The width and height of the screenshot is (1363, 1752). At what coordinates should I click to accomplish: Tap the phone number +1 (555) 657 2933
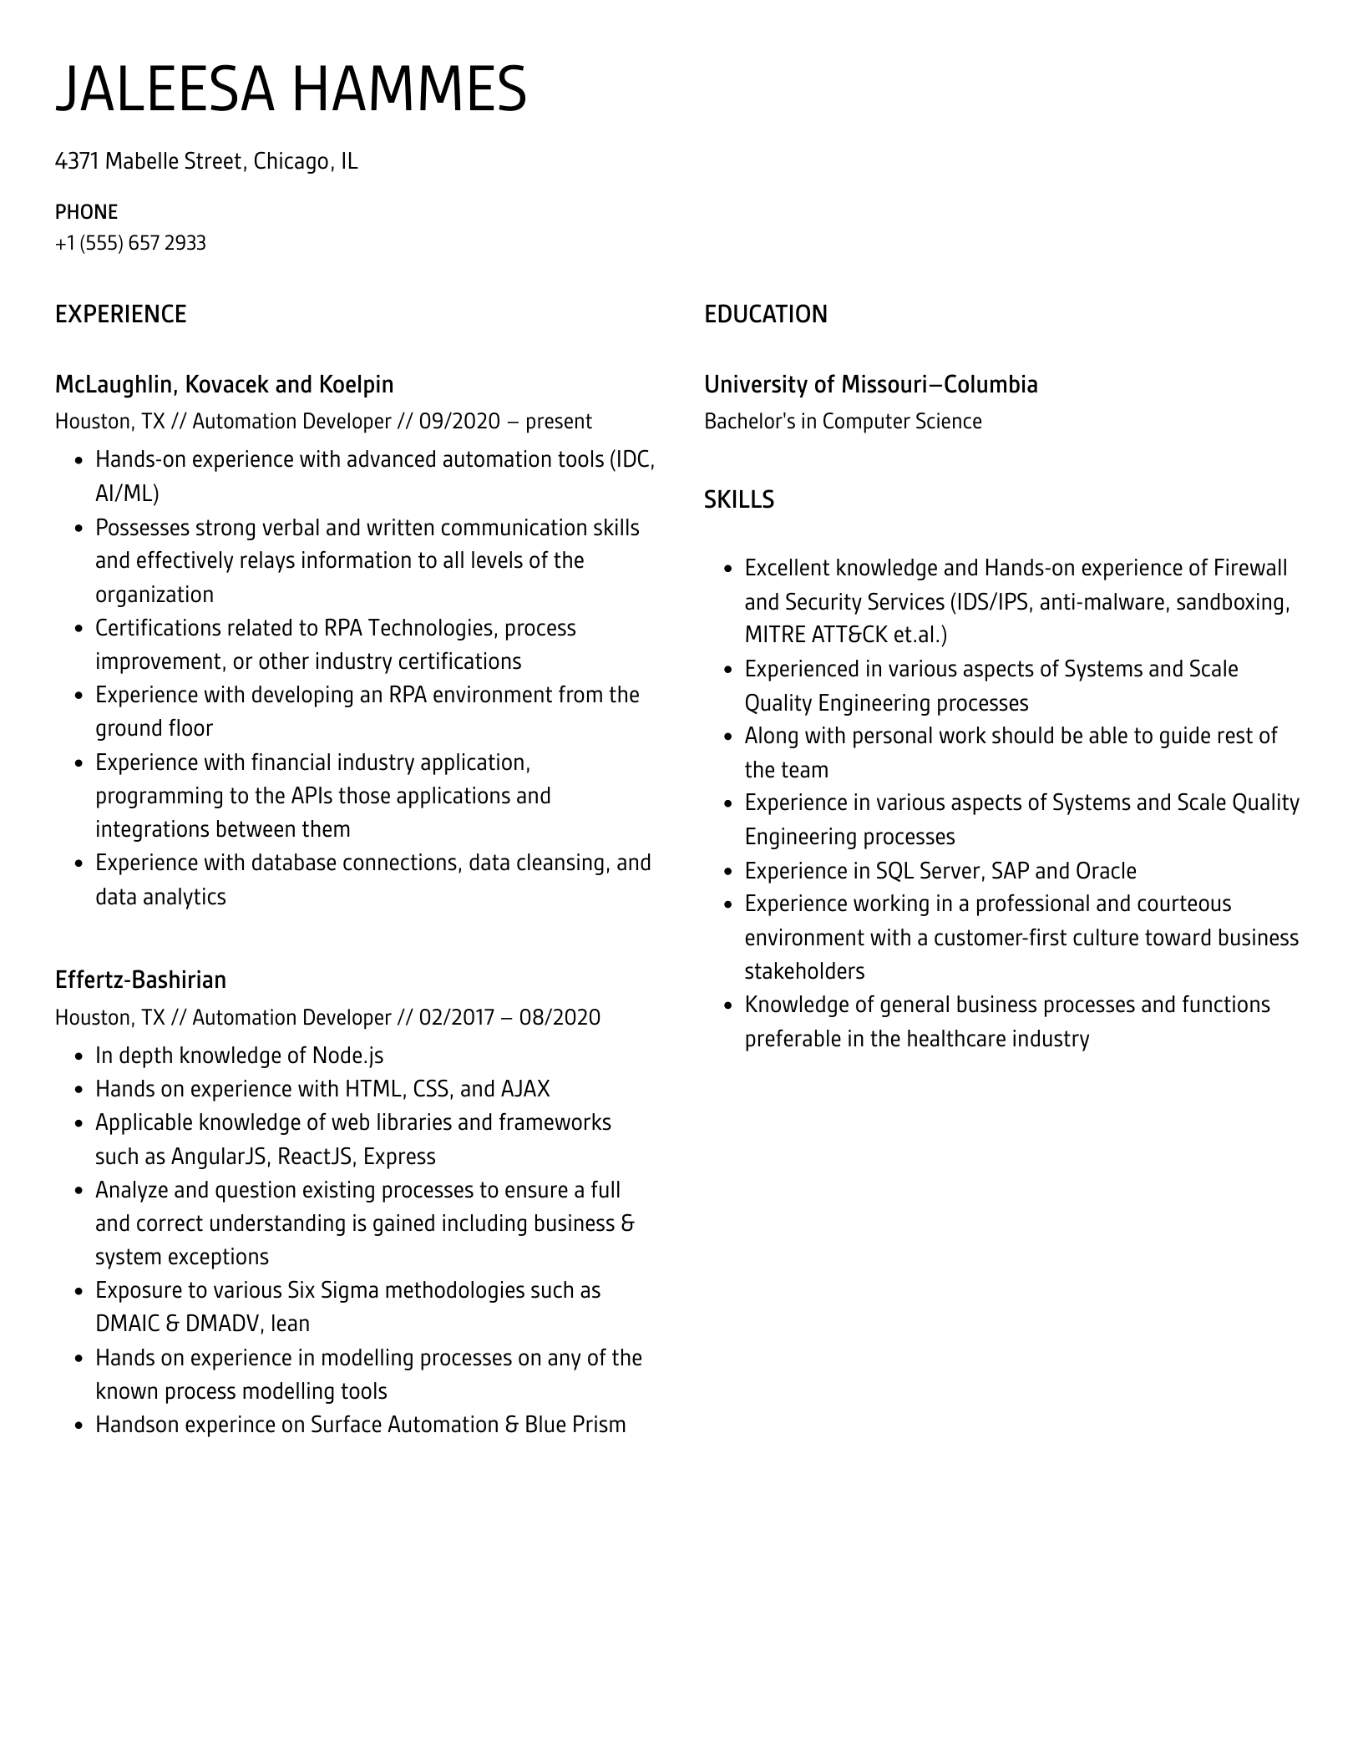click(x=130, y=243)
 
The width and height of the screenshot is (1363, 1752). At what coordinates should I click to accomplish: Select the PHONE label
click(x=86, y=211)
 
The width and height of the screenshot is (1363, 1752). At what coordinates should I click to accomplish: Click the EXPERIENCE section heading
click(x=120, y=314)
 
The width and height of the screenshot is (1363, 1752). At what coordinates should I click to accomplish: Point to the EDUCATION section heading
click(x=765, y=314)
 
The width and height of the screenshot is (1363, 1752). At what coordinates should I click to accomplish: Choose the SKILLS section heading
click(x=738, y=499)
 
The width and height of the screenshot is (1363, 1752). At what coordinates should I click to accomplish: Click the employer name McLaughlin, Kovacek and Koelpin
click(x=224, y=384)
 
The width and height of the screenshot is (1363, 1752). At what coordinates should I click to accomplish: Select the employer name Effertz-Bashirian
click(x=140, y=980)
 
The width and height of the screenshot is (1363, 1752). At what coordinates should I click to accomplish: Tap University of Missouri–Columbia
click(x=870, y=384)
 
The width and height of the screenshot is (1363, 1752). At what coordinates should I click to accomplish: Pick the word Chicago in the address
click(x=291, y=161)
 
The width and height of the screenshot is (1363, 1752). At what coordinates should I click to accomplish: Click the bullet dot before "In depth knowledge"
click(x=79, y=1056)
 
